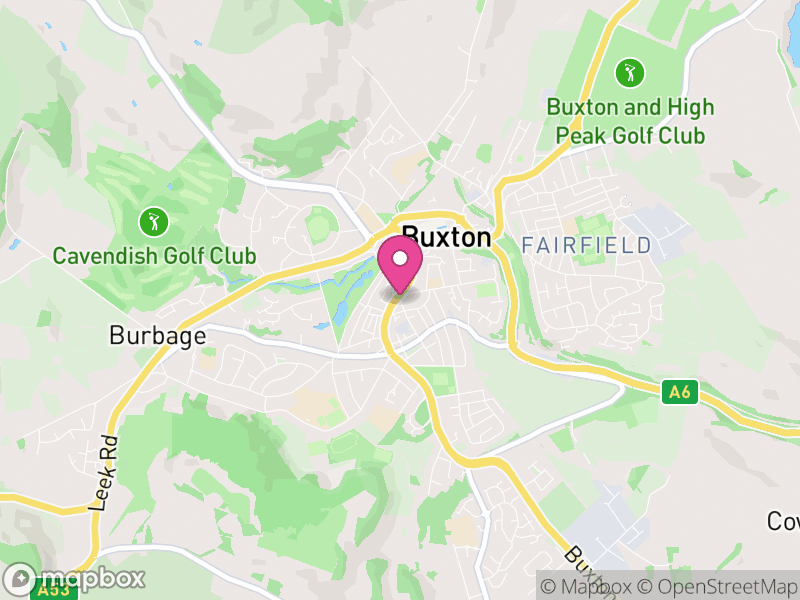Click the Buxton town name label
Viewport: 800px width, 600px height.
(446, 238)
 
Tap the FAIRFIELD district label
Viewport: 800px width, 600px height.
(586, 245)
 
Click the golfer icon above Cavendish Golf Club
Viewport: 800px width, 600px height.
(153, 220)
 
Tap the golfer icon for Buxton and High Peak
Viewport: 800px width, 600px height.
(630, 72)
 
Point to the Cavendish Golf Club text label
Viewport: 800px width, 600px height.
(154, 256)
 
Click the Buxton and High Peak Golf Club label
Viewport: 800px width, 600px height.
(630, 121)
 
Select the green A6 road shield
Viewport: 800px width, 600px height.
(679, 391)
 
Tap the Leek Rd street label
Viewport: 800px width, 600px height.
(103, 473)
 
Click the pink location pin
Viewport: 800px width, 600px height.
(401, 268)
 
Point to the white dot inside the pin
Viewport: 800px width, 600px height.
(401, 259)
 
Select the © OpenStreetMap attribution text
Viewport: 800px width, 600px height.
(719, 586)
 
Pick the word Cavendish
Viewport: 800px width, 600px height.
(107, 256)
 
